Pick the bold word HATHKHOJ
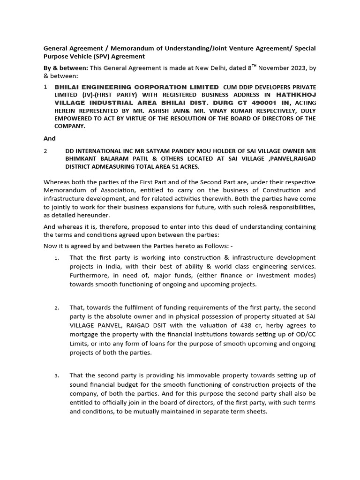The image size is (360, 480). point(297,95)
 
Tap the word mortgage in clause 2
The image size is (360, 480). point(85,335)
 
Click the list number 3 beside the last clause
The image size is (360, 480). point(56,375)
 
